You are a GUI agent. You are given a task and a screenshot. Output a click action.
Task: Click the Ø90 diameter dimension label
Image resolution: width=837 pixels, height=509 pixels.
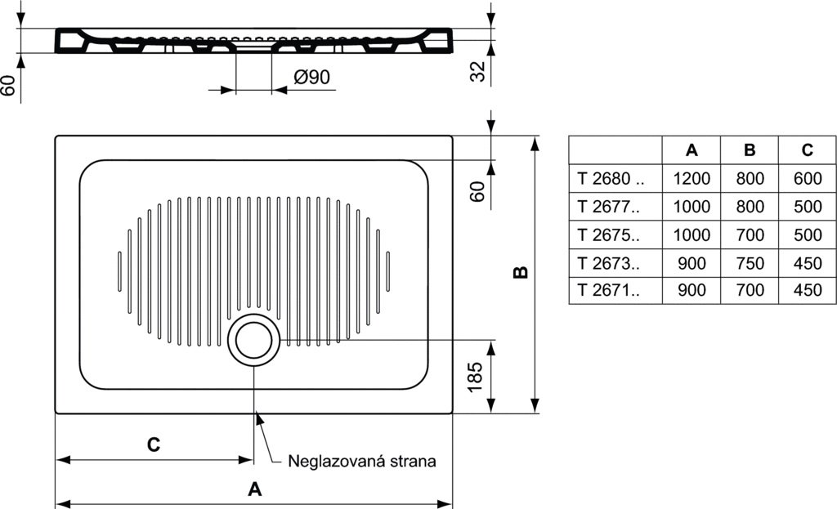(311, 77)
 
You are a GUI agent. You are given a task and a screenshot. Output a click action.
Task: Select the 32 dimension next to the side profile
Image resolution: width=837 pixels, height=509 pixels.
(477, 72)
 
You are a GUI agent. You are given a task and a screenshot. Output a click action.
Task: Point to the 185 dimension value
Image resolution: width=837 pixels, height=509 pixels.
(475, 377)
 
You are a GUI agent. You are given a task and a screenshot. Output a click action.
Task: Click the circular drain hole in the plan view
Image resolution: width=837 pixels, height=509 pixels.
(253, 340)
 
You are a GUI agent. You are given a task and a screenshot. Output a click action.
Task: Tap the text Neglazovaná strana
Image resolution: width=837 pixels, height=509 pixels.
(362, 461)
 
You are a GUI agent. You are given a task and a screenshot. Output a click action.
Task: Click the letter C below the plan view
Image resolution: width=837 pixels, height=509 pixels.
(153, 444)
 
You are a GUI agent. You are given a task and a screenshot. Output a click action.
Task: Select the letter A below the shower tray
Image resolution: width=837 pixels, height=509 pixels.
(255, 489)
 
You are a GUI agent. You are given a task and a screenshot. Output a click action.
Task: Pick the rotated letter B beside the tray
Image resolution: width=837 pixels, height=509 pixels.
(520, 272)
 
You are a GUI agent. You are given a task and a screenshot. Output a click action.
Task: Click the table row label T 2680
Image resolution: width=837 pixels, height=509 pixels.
(611, 178)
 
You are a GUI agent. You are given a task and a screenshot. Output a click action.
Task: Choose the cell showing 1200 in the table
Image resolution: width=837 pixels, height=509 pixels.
(692, 178)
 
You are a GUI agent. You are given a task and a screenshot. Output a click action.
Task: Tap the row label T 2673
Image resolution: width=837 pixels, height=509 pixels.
(608, 263)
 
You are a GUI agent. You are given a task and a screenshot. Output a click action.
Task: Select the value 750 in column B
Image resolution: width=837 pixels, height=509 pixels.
(750, 263)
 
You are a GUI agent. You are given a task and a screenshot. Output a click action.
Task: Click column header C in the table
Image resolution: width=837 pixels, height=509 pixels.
(807, 150)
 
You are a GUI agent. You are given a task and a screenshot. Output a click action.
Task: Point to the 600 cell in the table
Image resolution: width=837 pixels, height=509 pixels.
(808, 178)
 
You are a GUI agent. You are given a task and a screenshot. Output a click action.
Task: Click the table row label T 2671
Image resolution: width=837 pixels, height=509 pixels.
(608, 290)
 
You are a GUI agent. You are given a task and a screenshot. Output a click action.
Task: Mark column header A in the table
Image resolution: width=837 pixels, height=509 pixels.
(692, 150)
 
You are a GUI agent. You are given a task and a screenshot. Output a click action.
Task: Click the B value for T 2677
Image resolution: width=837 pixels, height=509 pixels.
(750, 207)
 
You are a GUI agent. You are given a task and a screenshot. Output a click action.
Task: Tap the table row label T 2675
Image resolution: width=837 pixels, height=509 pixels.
(608, 234)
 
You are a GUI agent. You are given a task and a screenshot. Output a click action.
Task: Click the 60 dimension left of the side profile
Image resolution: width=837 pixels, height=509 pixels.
(7, 85)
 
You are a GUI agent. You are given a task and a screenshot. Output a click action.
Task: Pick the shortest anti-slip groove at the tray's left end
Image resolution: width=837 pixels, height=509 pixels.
(119, 271)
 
